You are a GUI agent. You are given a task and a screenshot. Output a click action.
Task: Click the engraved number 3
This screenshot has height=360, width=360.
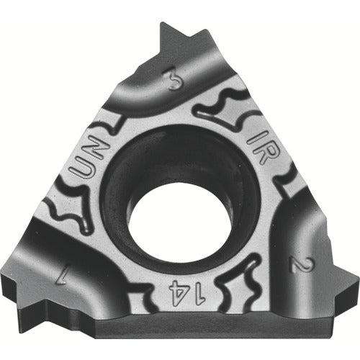pos(174,80)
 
